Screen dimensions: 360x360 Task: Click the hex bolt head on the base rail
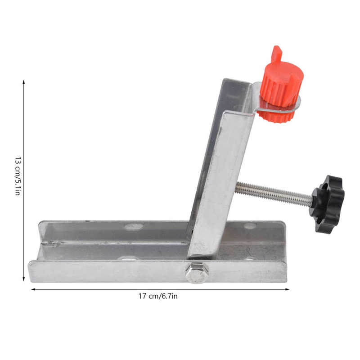tap(197, 273)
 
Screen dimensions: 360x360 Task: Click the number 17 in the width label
tap(142, 296)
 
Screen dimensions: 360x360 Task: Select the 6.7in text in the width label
tap(170, 296)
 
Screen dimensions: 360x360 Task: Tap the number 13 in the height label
tap(18, 160)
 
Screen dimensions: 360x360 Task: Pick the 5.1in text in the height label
tap(18, 187)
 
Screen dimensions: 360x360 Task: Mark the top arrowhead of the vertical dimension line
tap(24, 81)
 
